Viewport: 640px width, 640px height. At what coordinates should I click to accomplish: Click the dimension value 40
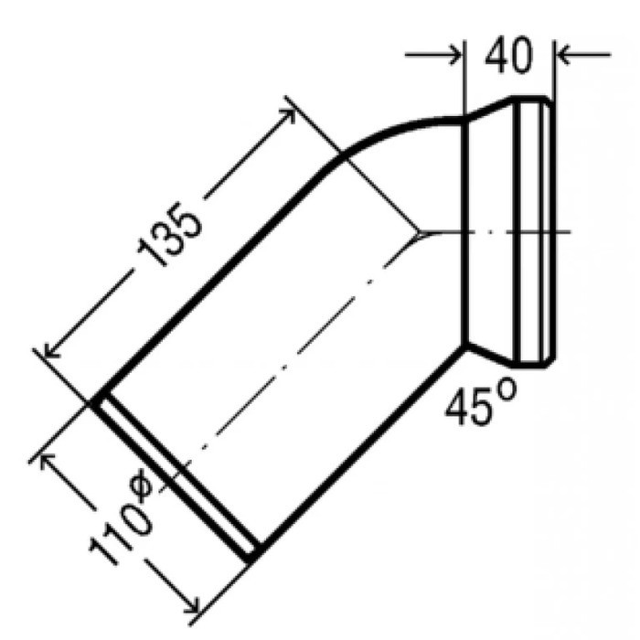508,55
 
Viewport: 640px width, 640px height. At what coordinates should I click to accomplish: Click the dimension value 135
169,234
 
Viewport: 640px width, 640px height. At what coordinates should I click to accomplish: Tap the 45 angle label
469,407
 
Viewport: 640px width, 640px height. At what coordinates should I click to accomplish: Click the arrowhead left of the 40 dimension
455,54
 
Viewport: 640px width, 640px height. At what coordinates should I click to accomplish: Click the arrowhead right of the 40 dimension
563,54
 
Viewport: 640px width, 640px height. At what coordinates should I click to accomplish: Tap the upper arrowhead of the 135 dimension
288,114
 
